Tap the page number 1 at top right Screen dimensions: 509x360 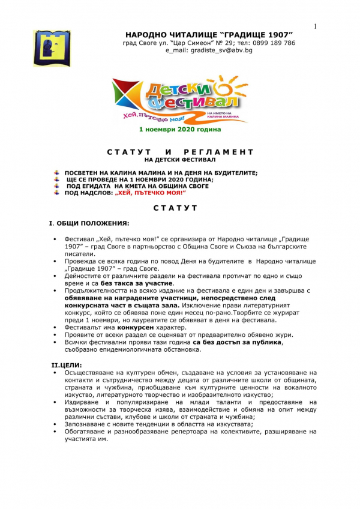pos(314,26)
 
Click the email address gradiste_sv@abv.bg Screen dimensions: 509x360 pos(209,50)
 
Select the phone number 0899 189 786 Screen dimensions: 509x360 pos(273,43)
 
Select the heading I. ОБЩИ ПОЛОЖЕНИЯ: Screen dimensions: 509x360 pos(89,223)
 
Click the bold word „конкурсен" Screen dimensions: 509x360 pos(136,328)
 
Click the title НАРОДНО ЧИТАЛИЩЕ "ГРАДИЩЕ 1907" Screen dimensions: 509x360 pos(209,34)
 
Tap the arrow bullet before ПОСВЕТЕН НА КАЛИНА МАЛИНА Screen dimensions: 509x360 pos(58,172)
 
